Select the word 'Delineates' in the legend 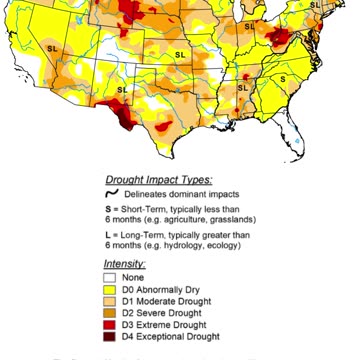click(x=153, y=193)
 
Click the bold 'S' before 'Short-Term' click(x=109, y=209)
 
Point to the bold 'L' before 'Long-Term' click(x=109, y=235)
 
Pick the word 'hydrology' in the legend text click(x=183, y=245)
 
